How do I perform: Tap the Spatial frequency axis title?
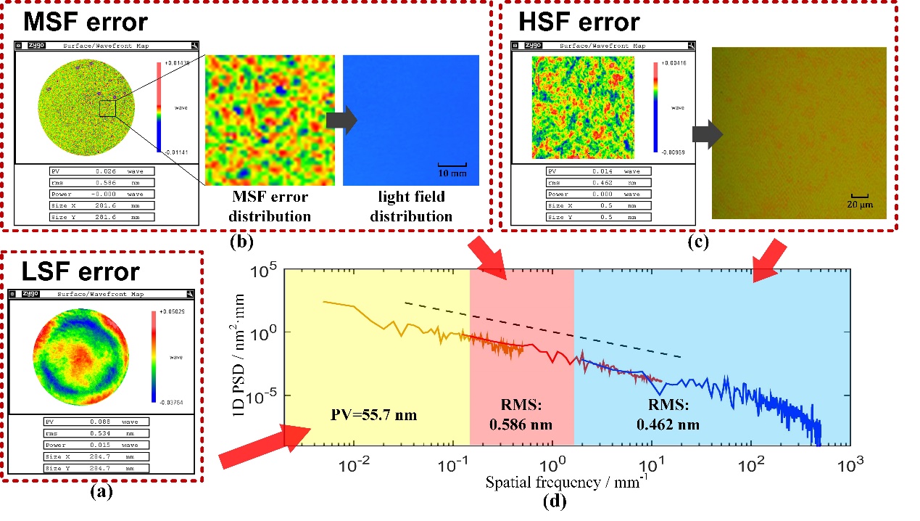point(557,482)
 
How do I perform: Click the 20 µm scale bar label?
point(861,205)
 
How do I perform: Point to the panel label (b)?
point(241,242)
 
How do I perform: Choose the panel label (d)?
point(555,501)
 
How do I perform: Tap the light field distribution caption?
point(411,206)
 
